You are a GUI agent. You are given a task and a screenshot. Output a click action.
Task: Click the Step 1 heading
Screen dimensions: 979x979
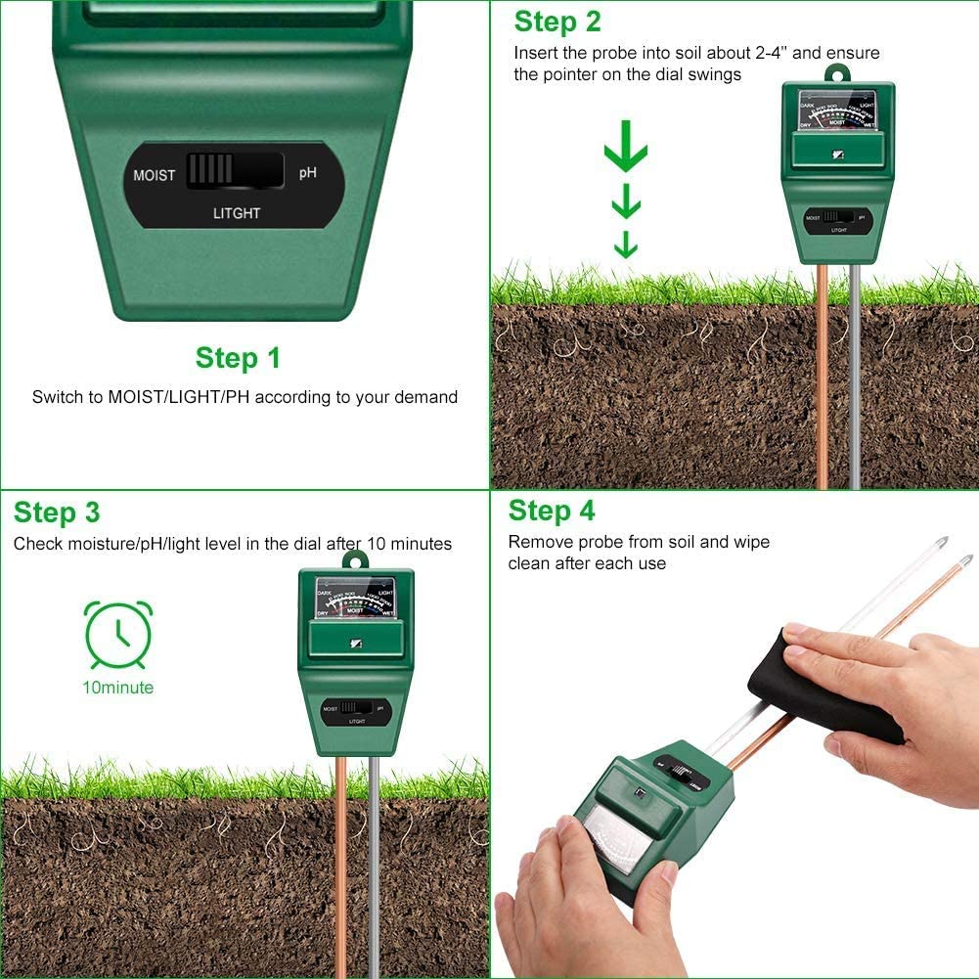point(238,358)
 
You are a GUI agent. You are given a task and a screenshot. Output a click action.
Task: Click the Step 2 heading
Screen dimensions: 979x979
point(557,22)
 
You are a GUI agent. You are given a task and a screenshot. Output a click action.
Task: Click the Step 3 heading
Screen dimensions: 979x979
point(57,512)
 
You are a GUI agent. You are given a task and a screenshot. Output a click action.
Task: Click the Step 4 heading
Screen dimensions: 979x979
point(552,511)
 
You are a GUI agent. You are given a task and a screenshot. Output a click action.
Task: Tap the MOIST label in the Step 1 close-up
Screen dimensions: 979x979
point(155,176)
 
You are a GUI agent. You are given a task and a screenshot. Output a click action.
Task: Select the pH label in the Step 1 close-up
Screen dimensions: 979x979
point(307,173)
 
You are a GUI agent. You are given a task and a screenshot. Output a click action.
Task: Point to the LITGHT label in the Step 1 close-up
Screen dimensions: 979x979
point(237,212)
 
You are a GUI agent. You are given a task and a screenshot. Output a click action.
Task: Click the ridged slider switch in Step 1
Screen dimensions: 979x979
point(210,169)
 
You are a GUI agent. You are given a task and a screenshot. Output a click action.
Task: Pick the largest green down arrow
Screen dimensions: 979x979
point(626,151)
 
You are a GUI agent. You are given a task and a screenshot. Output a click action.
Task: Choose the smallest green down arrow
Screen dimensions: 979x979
point(626,245)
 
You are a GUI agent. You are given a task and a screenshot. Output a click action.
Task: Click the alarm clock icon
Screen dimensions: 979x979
point(118,634)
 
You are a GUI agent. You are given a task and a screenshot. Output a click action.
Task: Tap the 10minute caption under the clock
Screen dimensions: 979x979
point(117,688)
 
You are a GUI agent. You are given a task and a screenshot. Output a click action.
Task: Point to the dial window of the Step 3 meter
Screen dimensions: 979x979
point(355,596)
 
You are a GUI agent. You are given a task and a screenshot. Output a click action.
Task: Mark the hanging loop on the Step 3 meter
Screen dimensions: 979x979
point(354,560)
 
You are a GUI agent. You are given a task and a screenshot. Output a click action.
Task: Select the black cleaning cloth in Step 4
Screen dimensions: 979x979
point(826,685)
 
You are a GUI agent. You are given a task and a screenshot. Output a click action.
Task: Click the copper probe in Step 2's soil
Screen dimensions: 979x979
point(822,391)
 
